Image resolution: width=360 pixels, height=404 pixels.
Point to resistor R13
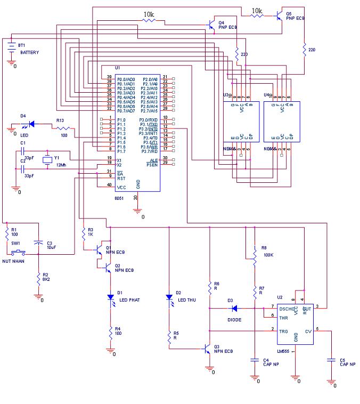63,128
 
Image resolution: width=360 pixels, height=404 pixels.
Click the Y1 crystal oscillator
47,159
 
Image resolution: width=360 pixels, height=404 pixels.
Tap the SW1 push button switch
20,251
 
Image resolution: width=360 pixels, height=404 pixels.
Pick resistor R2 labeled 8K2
38,278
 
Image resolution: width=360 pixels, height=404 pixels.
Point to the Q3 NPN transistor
208,349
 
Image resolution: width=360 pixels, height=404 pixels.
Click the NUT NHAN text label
14,262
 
